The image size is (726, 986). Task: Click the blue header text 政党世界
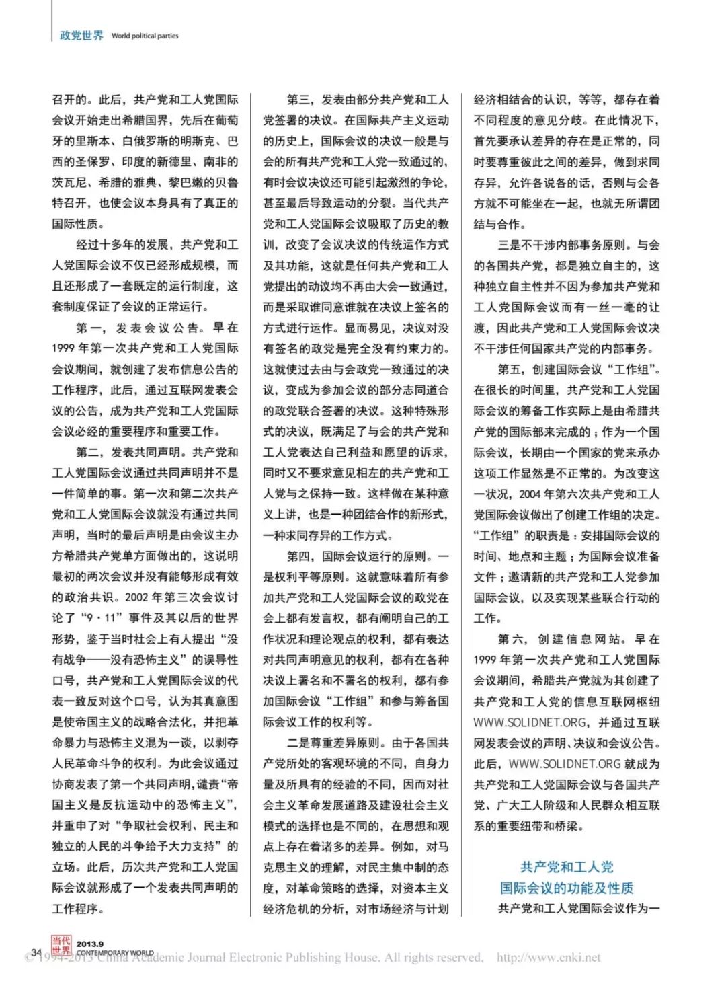pyautogui.click(x=81, y=35)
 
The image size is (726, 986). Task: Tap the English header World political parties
pyautogui.click(x=145, y=36)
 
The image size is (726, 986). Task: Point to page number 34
pyautogui.click(x=36, y=952)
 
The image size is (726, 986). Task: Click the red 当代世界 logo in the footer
pyautogui.click(x=61, y=946)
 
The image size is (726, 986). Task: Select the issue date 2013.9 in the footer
pyautogui.click(x=90, y=944)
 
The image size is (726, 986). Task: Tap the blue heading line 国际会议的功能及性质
pyautogui.click(x=566, y=888)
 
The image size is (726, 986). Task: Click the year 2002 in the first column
pyautogui.click(x=136, y=597)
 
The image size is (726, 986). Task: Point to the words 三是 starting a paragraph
pyautogui.click(x=509, y=245)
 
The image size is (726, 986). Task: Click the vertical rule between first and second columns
pyautogui.click(x=251, y=504)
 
